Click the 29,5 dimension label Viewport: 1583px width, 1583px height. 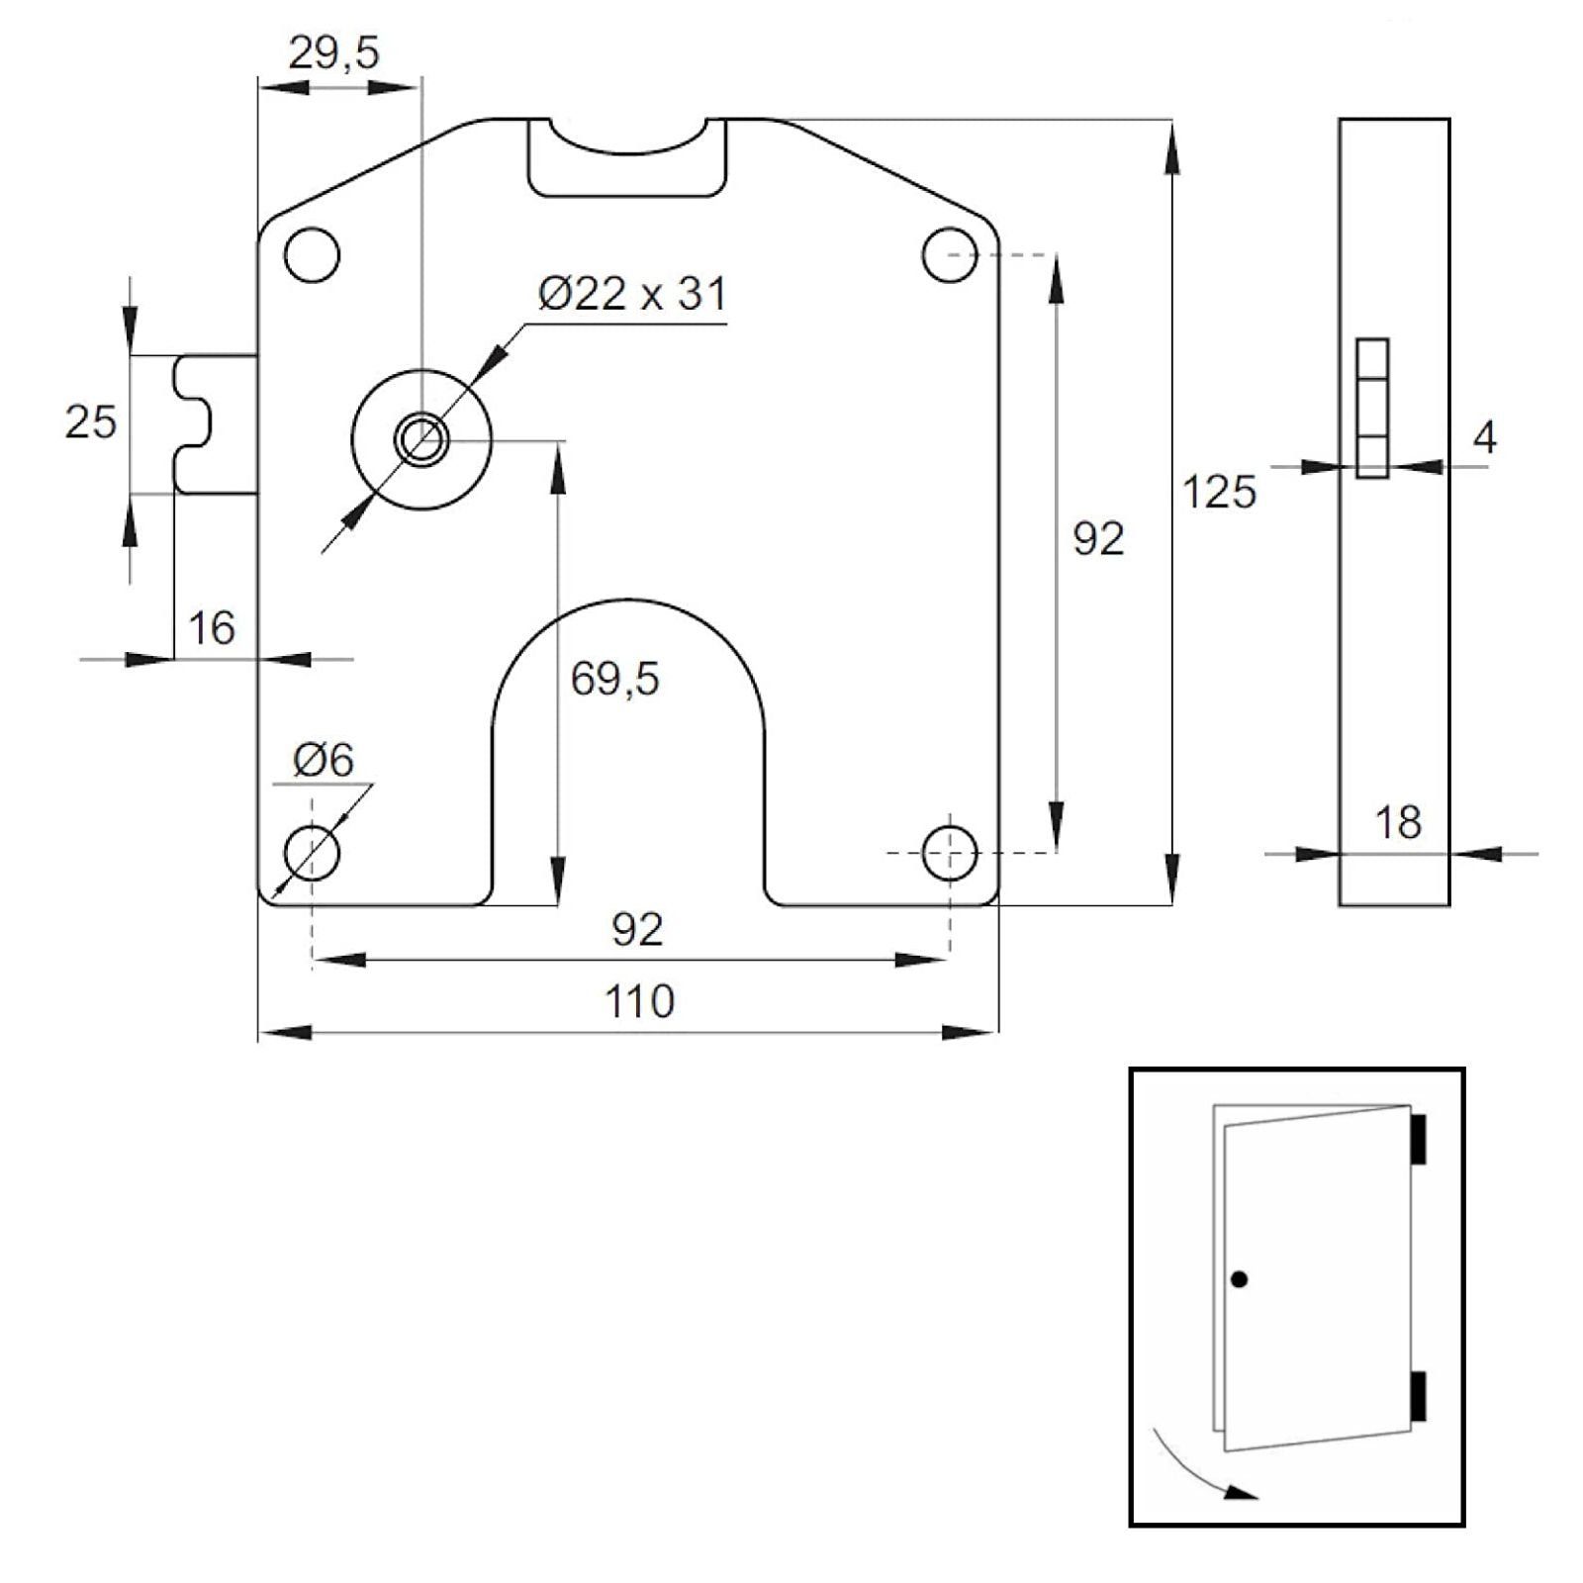pos(333,53)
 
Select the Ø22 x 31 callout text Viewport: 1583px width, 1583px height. pos(632,294)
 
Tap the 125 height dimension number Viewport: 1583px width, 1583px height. pos(1219,492)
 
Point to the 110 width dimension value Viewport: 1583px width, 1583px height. pos(639,1002)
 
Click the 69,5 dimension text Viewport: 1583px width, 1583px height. pos(614,680)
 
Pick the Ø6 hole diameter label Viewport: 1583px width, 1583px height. pos(324,761)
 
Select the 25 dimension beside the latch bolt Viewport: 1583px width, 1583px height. pos(90,422)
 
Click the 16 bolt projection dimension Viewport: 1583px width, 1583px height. pos(211,628)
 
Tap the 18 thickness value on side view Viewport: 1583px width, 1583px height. pos(1398,823)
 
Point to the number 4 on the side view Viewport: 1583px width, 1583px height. pos(1484,438)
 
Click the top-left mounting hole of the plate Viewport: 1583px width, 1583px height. pos(312,255)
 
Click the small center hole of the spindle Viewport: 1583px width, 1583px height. pos(421,438)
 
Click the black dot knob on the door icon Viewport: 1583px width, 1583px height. pos(1239,1280)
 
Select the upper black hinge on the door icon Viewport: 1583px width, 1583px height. pos(1418,1139)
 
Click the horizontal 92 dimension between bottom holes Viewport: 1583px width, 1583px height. pos(636,929)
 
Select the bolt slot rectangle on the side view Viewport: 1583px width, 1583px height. pos(1372,409)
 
